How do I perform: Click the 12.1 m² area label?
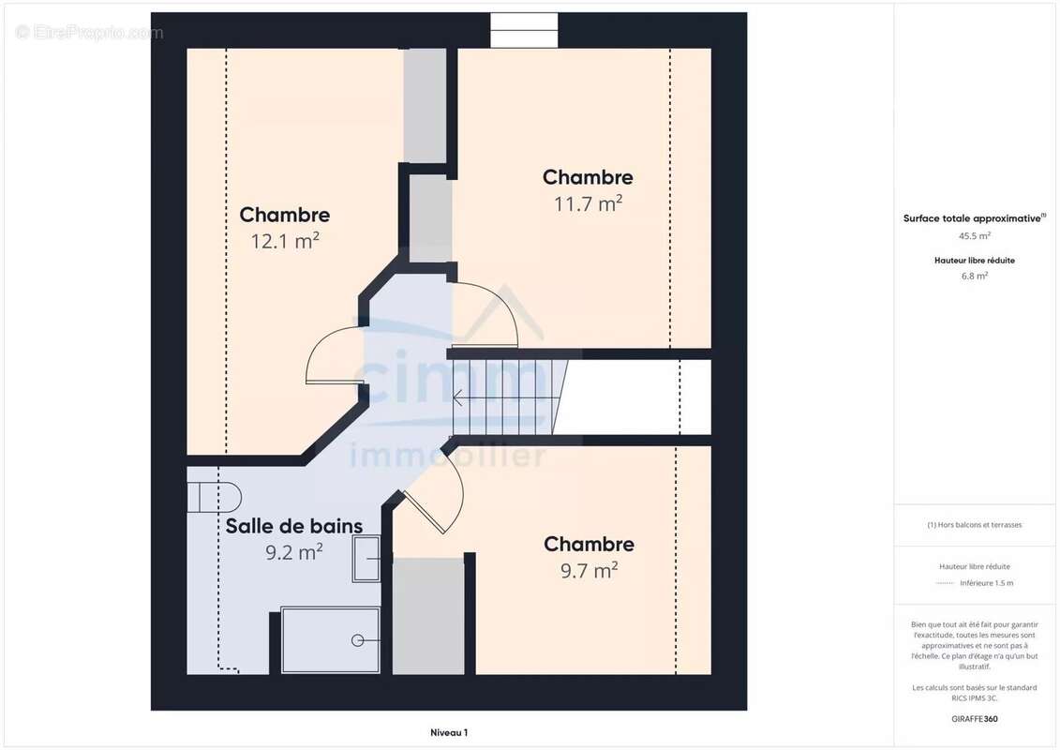pyautogui.click(x=285, y=241)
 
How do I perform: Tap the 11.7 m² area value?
pyautogui.click(x=589, y=202)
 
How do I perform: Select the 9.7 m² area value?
pyautogui.click(x=589, y=570)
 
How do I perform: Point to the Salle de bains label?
pyautogui.click(x=294, y=526)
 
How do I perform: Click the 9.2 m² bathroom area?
pyautogui.click(x=294, y=552)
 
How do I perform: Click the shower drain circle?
pyautogui.click(x=358, y=640)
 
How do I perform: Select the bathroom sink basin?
pyautogui.click(x=366, y=559)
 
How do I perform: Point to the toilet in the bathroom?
pyautogui.click(x=215, y=498)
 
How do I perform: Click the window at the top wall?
pyautogui.click(x=524, y=30)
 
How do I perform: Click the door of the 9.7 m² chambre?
pyautogui.click(x=433, y=491)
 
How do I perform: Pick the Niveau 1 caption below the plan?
pyautogui.click(x=449, y=732)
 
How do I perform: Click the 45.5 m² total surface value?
pyautogui.click(x=974, y=236)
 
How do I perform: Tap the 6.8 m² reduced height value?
pyautogui.click(x=974, y=276)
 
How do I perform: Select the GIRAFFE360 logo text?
pyautogui.click(x=974, y=719)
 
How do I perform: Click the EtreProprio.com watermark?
pyautogui.click(x=89, y=33)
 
